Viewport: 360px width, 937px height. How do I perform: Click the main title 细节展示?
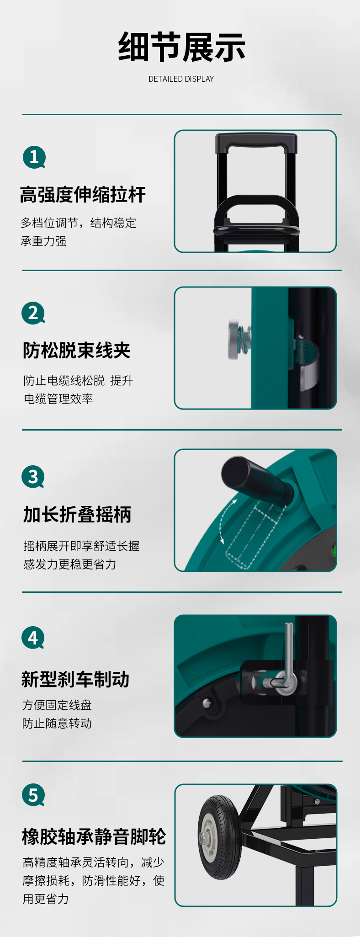coord(181,47)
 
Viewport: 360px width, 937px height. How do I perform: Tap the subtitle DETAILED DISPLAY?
coord(181,79)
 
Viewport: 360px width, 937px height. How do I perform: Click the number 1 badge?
coord(34,157)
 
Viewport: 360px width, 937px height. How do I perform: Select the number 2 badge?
coord(33,313)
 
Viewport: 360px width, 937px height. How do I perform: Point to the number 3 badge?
coord(33,477)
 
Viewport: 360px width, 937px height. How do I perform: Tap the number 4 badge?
coord(33,638)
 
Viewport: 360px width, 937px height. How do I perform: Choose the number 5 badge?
coord(33,795)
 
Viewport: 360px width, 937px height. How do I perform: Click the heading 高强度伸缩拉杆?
coord(83,195)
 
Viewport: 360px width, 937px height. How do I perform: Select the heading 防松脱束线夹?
coord(77,351)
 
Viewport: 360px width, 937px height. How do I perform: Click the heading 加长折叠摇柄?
coord(77,514)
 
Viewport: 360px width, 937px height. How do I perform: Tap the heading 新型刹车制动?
coord(75,679)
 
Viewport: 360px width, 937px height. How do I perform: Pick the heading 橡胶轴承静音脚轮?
coord(94,836)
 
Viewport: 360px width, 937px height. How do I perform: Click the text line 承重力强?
coord(43,241)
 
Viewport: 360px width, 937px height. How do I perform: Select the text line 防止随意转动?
coord(57,723)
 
